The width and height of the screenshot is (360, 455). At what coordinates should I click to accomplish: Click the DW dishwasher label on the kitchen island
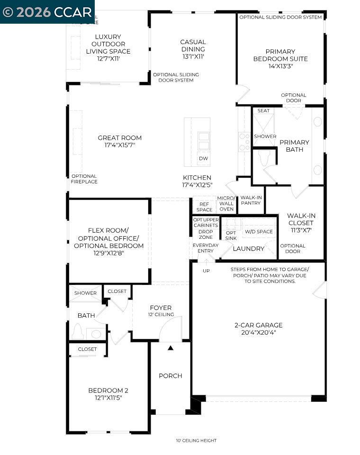click(203, 158)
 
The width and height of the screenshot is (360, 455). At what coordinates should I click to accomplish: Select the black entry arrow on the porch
click(171, 348)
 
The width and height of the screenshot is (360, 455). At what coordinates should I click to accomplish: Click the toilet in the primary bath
click(264, 158)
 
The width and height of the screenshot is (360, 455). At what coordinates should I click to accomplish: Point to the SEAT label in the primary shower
click(263, 111)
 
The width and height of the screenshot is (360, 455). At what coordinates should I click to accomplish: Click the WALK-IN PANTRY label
click(251, 200)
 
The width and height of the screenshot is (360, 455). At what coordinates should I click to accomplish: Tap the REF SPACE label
click(204, 207)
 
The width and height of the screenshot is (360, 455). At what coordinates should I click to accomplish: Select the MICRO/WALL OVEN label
click(226, 203)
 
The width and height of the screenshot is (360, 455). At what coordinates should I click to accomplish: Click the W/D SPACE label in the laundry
click(259, 232)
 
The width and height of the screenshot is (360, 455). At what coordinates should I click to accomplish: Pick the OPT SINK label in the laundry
click(231, 235)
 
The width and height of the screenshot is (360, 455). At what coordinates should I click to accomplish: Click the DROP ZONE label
click(206, 234)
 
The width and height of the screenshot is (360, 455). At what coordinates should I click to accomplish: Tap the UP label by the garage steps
click(206, 271)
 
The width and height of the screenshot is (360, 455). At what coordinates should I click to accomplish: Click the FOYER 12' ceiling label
click(161, 310)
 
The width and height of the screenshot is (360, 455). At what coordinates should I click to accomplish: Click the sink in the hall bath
click(96, 334)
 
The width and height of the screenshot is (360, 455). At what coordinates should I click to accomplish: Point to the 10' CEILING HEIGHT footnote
click(196, 441)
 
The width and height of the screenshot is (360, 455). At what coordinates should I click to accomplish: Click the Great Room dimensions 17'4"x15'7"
click(119, 146)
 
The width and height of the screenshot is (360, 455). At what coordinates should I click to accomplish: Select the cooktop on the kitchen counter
click(243, 141)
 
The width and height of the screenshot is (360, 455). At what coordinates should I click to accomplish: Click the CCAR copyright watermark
click(47, 12)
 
